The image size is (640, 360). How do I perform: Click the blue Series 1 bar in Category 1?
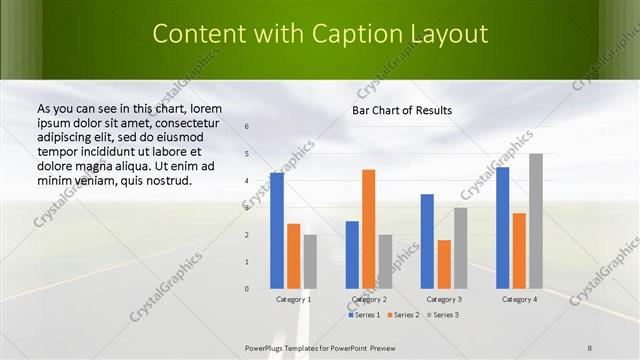(x=277, y=231)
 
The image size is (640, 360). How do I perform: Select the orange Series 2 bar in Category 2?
(x=368, y=229)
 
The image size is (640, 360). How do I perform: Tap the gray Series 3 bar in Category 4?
(x=536, y=221)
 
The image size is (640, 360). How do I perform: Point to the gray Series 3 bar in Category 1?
(x=310, y=262)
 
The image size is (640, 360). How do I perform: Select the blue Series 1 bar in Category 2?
(x=352, y=255)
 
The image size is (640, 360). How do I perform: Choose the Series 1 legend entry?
(x=365, y=315)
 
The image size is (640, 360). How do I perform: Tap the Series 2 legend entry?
(x=403, y=315)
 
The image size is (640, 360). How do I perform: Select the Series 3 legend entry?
(x=443, y=315)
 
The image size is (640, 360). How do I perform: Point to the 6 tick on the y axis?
(x=247, y=127)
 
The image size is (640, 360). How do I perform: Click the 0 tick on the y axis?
(x=247, y=289)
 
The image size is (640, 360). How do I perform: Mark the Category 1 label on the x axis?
(x=293, y=299)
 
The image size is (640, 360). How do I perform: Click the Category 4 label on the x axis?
(x=519, y=299)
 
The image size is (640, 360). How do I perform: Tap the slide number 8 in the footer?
(x=590, y=347)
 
